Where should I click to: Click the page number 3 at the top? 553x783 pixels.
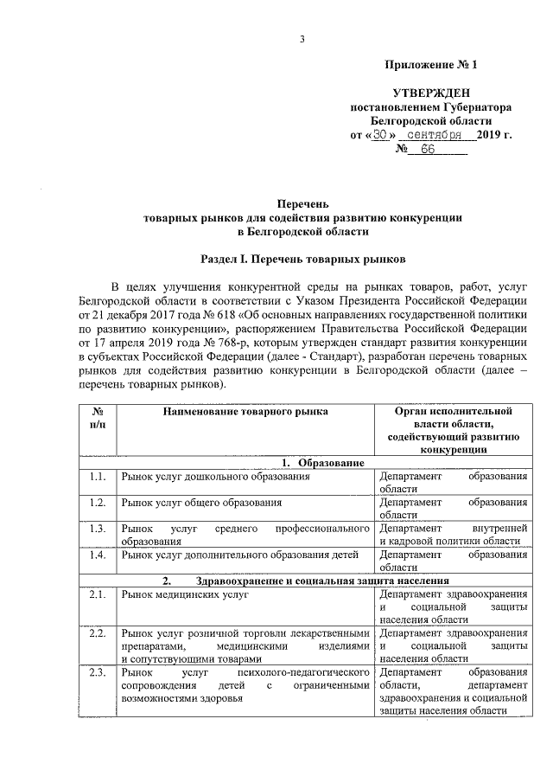(302, 38)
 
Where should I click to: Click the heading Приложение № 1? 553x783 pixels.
(431, 66)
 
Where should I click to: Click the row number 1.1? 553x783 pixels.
(98, 477)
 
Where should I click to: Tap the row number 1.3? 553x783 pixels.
(98, 528)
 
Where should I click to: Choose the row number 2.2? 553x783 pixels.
(98, 633)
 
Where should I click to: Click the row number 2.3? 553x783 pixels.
(98, 672)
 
